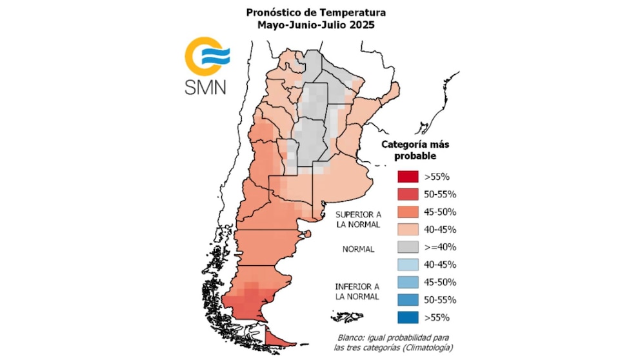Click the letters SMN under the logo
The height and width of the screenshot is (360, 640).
pyautogui.click(x=205, y=87)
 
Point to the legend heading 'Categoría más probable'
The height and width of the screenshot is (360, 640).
pyautogui.click(x=409, y=150)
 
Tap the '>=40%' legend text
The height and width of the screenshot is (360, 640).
pyautogui.click(x=441, y=246)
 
